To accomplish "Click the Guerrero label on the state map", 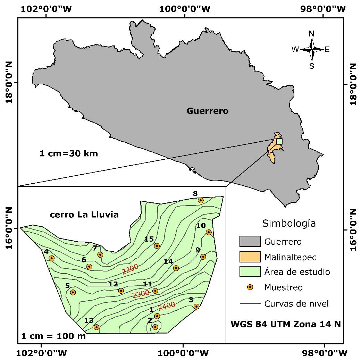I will tap(208, 111).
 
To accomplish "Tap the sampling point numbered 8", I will tap(201, 200).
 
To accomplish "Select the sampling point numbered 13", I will tap(96, 327).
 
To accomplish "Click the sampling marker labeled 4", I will tap(52, 258).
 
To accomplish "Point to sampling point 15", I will tap(157, 246).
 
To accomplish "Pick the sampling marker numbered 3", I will tap(196, 306).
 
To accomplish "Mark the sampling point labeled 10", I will tap(209, 232).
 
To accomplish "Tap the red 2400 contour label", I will tap(167, 307).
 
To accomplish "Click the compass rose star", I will tap(312, 50).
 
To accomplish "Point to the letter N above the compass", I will tap(312, 34).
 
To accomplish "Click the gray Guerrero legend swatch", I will tap(250, 241).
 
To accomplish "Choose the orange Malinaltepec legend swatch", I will tap(250, 257).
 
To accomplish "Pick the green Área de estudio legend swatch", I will tap(250, 271).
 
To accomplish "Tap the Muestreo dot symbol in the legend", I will tap(250, 287).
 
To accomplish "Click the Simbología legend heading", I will tap(289, 223).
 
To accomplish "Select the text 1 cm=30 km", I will tap(69, 153).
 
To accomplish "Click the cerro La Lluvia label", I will tap(84, 215).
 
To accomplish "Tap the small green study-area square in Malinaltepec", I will tap(279, 141).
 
